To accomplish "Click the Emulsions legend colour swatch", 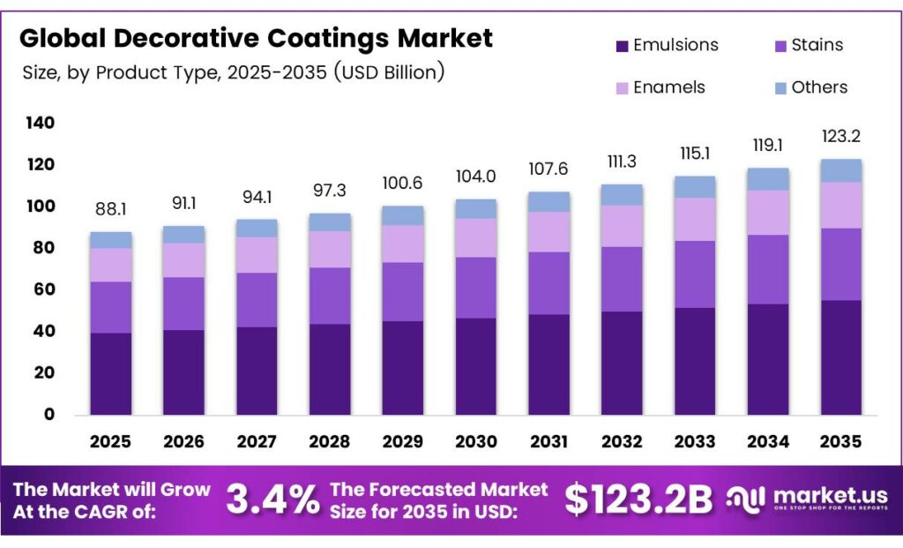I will point(622,46).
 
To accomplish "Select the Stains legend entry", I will point(817,45).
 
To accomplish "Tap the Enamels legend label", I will point(668,87).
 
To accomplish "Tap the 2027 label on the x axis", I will point(257,441).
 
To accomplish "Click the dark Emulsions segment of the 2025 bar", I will point(110,373).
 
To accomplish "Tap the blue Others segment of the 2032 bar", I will point(621,195).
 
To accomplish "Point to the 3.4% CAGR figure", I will point(272,500).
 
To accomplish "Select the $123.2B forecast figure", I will point(638,500).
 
